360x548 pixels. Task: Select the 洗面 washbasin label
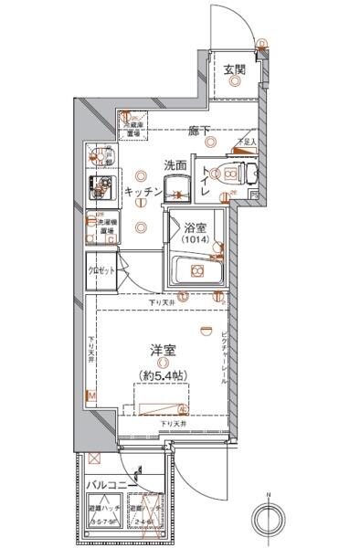[175, 165]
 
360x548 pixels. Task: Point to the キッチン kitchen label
[143, 192]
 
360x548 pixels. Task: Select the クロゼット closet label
[101, 272]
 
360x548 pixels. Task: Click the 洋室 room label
[163, 348]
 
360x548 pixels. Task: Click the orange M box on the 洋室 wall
[90, 395]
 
